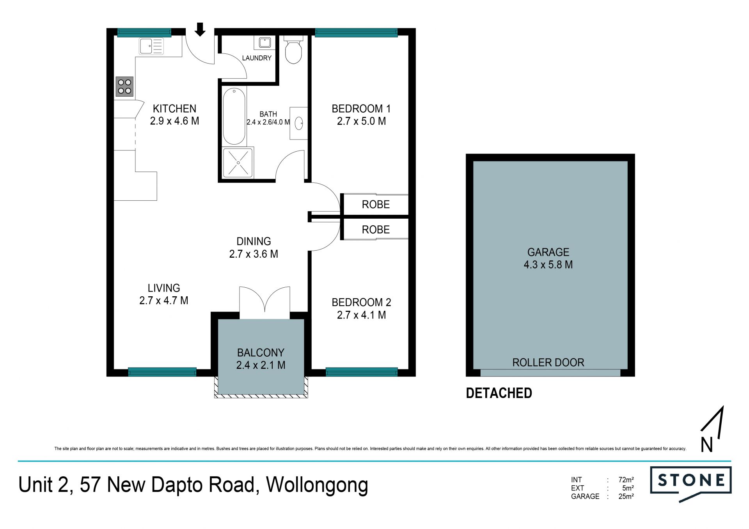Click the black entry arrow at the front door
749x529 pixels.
click(x=200, y=29)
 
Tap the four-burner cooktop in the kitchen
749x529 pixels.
click(x=124, y=87)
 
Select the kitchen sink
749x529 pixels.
click(x=151, y=46)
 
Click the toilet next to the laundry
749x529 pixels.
click(x=293, y=50)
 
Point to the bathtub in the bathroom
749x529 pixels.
click(x=234, y=116)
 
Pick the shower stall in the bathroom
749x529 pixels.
click(x=238, y=163)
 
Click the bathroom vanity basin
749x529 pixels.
click(x=299, y=123)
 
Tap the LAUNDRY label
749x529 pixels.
click(x=257, y=58)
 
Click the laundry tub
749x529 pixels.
click(x=264, y=42)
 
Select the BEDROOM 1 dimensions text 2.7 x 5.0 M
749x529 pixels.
click(x=362, y=121)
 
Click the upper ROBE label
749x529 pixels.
click(x=376, y=204)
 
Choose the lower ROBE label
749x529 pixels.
click(x=376, y=230)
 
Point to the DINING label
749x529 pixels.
click(x=254, y=241)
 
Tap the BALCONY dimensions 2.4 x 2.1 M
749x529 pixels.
click(x=261, y=365)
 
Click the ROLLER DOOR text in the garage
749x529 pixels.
click(x=548, y=363)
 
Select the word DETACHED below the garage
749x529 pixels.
click(x=499, y=393)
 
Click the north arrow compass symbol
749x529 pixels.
click(x=712, y=429)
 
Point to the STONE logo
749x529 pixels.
click(x=690, y=484)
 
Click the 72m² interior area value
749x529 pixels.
click(x=626, y=480)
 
